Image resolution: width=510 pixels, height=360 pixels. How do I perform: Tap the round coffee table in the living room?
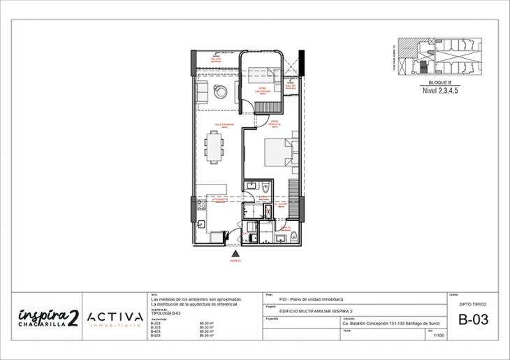221,91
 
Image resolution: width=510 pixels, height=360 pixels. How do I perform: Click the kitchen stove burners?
201,206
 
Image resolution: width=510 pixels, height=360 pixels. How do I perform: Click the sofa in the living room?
201,92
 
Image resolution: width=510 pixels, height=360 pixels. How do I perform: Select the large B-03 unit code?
473,321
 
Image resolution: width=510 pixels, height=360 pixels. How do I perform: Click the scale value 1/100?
439,336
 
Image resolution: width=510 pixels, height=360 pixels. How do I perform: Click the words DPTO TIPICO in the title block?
473,305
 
